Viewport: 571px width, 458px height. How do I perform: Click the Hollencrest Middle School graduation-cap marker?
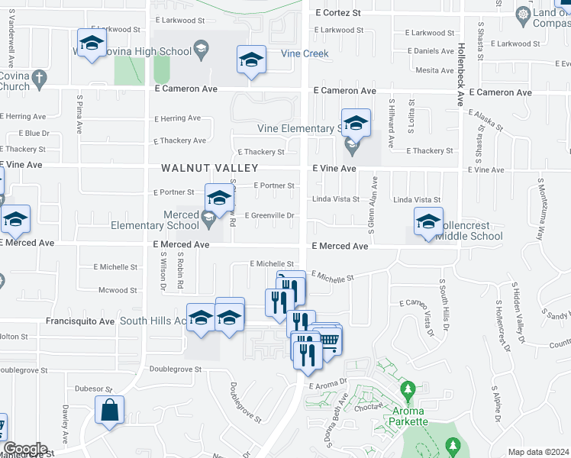pos(428,222)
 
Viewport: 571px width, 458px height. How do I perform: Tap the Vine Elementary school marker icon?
pos(356,123)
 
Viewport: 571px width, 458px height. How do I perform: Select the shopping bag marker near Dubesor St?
pos(110,409)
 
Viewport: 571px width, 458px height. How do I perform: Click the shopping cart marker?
pos(327,339)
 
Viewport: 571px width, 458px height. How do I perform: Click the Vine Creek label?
pos(305,53)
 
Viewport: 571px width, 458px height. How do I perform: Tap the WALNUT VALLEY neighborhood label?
pos(209,168)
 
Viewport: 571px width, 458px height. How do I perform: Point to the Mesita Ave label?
pos(435,70)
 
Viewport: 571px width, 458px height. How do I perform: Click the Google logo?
pos(26,449)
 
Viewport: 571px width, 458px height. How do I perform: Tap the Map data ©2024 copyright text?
pos(538,451)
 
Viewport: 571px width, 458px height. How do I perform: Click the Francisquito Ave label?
pos(81,321)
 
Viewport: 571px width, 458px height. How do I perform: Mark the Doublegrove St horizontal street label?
pos(176,369)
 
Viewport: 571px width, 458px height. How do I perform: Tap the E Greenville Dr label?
pos(269,215)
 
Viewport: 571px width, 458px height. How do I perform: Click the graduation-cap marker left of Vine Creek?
pos(250,61)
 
